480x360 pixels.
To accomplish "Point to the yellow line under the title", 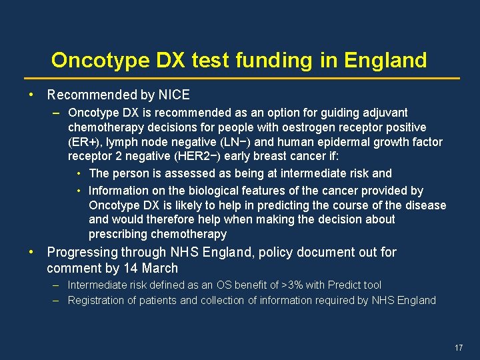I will click(241, 79).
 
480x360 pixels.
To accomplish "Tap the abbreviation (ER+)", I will click(83, 142).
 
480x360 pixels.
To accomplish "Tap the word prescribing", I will click(118, 234).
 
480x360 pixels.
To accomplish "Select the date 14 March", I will click(151, 269).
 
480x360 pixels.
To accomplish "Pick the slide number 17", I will click(458, 348).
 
